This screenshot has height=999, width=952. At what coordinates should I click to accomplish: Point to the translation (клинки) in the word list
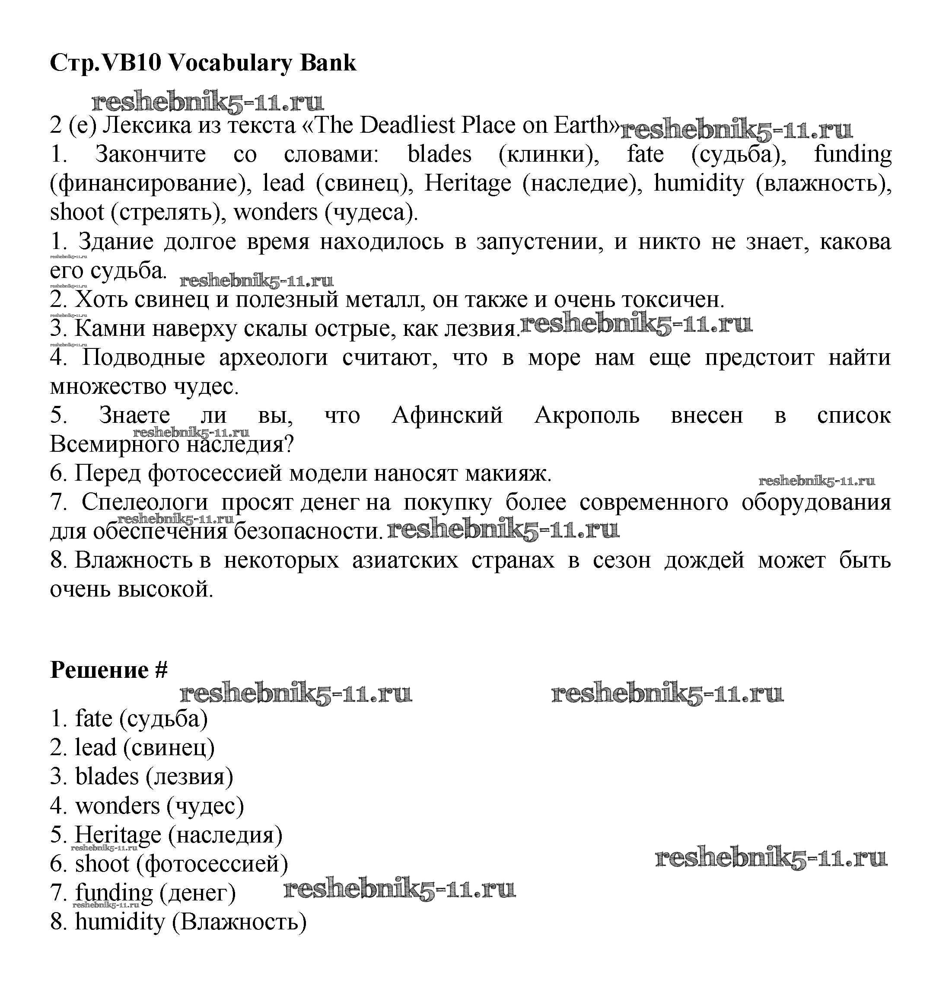click(548, 154)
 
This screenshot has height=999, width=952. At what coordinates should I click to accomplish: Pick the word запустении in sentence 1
click(539, 242)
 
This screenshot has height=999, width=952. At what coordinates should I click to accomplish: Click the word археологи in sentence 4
click(274, 358)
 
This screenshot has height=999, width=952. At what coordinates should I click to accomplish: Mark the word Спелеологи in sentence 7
click(145, 503)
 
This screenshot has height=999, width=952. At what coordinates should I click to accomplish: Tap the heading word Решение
click(99, 670)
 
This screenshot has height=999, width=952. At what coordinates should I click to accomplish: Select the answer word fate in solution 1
click(94, 719)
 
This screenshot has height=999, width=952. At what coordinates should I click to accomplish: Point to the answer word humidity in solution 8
click(120, 922)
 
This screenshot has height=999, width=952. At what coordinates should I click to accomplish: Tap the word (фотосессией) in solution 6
click(212, 864)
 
